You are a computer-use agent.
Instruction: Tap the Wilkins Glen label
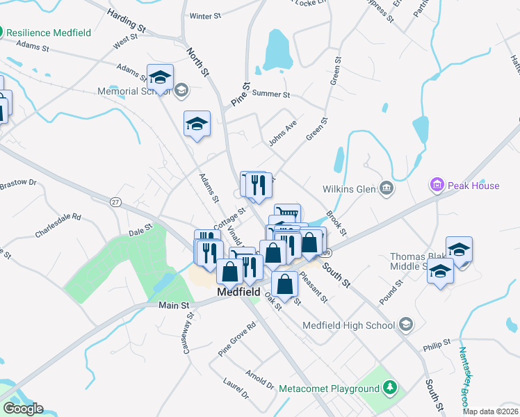[348, 188]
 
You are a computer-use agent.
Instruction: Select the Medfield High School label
[349, 325]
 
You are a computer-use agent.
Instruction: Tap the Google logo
[23, 409]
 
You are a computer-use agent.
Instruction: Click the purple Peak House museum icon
[437, 185]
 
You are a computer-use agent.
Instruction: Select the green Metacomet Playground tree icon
[391, 387]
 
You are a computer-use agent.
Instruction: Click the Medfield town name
[239, 293]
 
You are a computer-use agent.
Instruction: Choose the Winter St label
[204, 15]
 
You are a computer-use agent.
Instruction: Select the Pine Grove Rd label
[237, 338]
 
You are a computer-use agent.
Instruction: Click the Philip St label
[437, 343]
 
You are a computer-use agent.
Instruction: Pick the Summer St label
[271, 94]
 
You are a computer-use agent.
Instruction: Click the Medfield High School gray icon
[406, 325]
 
